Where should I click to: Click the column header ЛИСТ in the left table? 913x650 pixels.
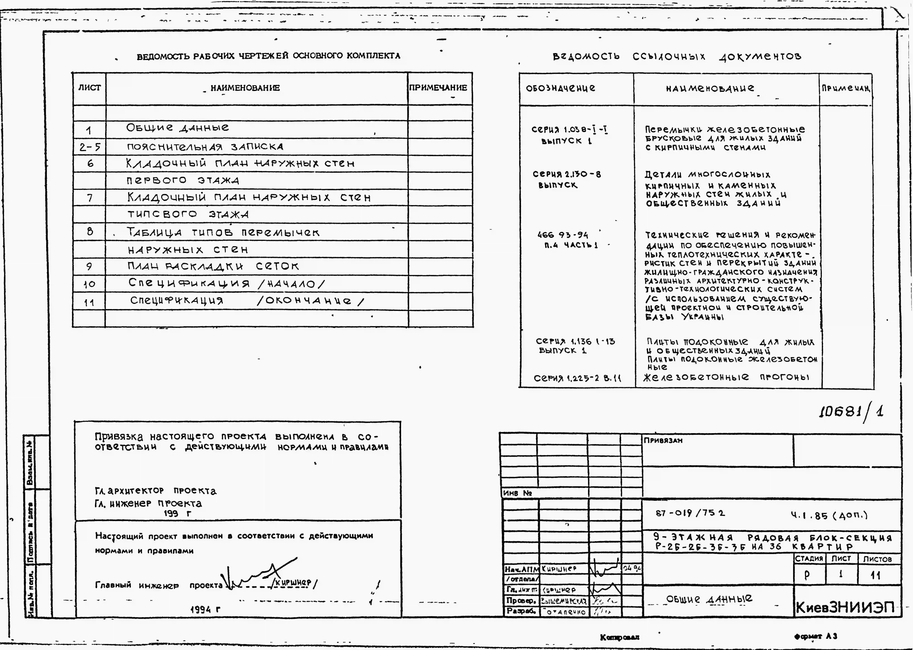[89, 88]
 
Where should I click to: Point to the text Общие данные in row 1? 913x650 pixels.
[178, 128]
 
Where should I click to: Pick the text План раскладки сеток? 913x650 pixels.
[213, 266]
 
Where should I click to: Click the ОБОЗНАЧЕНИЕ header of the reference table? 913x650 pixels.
[560, 88]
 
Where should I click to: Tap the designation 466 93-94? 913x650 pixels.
[563, 235]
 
